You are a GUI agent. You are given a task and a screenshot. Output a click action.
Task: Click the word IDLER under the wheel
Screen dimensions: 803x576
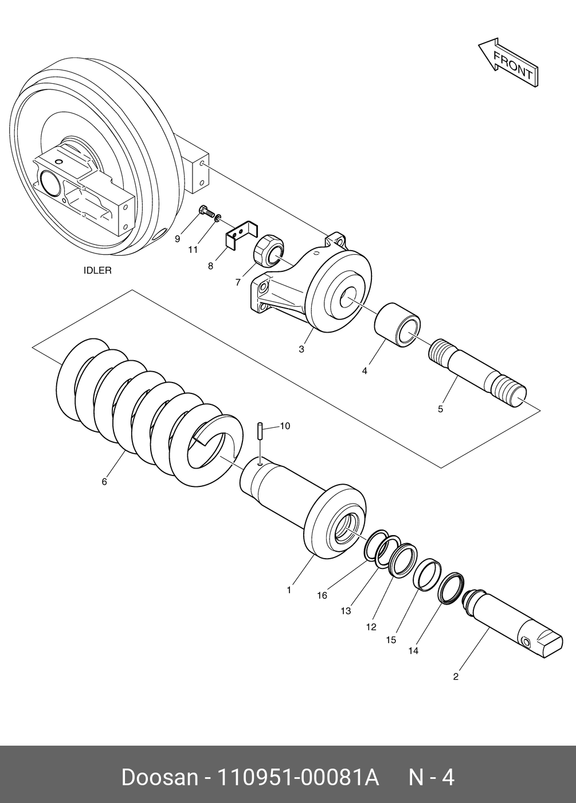pyautogui.click(x=98, y=270)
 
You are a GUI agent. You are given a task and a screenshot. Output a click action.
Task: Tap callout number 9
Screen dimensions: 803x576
pyautogui.click(x=177, y=239)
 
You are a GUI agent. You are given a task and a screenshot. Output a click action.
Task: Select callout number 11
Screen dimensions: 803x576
pyautogui.click(x=193, y=250)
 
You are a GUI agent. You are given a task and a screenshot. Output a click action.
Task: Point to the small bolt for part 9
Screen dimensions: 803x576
pyautogui.click(x=205, y=213)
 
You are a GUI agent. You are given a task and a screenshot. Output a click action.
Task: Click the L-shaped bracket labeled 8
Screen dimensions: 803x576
pyautogui.click(x=241, y=236)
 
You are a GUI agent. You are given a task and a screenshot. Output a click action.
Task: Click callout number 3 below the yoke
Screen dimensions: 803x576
pyautogui.click(x=301, y=349)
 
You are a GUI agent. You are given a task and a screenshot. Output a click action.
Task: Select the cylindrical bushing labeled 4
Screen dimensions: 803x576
pyautogui.click(x=397, y=324)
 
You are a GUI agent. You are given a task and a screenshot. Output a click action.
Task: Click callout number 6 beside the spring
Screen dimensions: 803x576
pyautogui.click(x=104, y=482)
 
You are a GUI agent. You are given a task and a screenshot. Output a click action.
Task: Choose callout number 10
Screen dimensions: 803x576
pyautogui.click(x=285, y=426)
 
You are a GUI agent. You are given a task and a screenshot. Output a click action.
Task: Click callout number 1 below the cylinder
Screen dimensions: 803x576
pyautogui.click(x=289, y=589)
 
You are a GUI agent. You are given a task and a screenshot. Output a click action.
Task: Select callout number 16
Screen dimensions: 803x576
pyautogui.click(x=322, y=595)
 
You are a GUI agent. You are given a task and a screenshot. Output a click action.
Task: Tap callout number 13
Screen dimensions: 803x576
pyautogui.click(x=346, y=611)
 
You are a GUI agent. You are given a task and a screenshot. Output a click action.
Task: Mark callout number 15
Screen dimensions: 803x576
pyautogui.click(x=391, y=640)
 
